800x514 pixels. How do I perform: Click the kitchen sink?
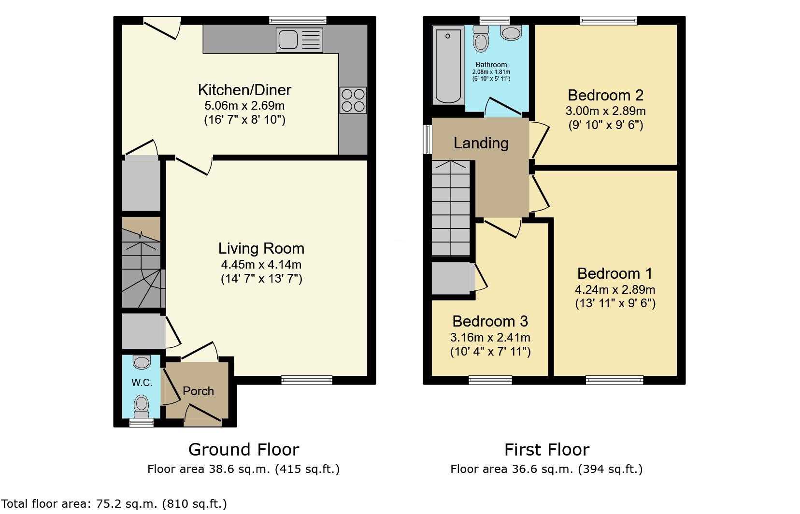pos(300,40)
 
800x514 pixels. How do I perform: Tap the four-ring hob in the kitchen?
pos(353,100)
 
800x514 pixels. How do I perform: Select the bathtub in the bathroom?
pos(448,67)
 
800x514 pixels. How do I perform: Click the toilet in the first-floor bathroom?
pos(481,39)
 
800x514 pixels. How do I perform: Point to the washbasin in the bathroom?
pos(512,32)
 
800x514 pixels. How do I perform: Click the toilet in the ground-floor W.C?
pos(142,406)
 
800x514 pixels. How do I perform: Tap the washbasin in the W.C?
pos(142,362)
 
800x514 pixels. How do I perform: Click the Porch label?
pos(198,391)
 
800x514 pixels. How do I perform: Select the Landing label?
pos(481,143)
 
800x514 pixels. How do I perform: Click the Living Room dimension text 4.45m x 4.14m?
pos(261,265)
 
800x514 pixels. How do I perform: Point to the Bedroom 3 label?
pos(490,321)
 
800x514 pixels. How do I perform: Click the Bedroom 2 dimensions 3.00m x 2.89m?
pos(605,111)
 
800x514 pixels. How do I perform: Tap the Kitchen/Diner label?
pos(244,90)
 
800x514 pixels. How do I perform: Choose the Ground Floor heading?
pos(243,449)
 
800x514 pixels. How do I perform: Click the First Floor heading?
pos(547,449)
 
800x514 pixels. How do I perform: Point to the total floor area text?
pos(114,504)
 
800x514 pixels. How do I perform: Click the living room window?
pos(307,380)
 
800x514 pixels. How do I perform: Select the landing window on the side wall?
pos(428,139)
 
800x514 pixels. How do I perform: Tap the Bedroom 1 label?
pos(615,273)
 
